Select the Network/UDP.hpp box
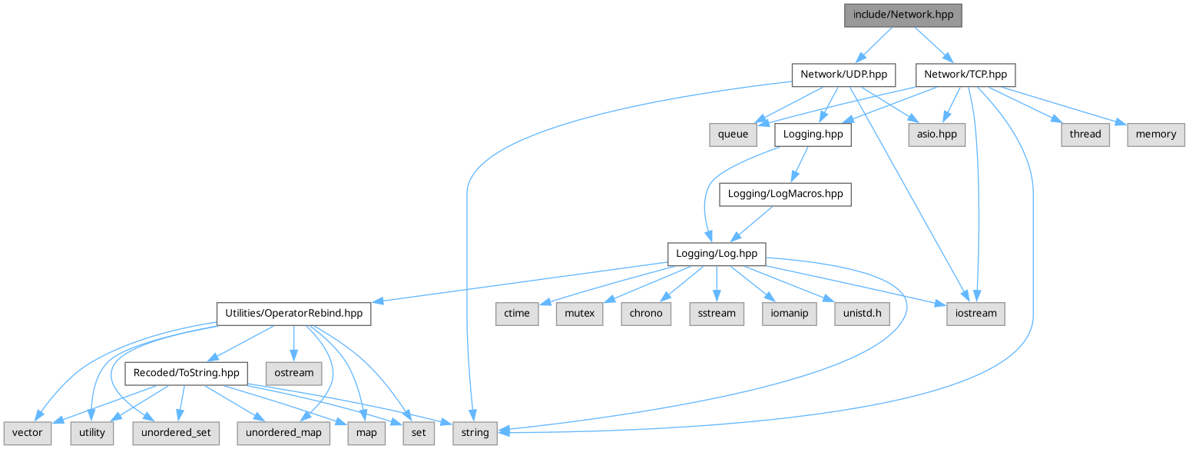(x=843, y=75)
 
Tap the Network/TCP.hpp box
(x=965, y=75)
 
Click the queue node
(x=733, y=134)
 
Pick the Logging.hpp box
(x=813, y=134)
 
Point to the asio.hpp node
(x=936, y=134)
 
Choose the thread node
(x=1085, y=134)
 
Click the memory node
(x=1155, y=134)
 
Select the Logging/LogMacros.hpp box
(x=784, y=194)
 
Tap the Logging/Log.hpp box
(x=716, y=253)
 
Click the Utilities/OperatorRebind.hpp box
(x=294, y=313)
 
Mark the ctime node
(x=517, y=313)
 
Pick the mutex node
(x=579, y=313)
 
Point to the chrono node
(x=645, y=313)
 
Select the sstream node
(x=717, y=313)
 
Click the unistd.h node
(x=862, y=313)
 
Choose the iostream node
(x=975, y=313)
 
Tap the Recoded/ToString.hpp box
(x=187, y=373)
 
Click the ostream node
(x=293, y=373)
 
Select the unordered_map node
(x=284, y=432)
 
